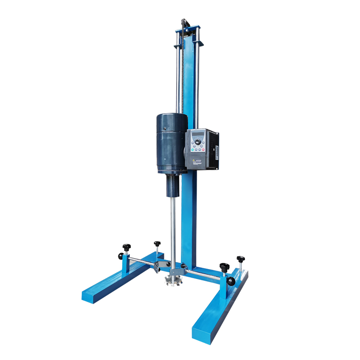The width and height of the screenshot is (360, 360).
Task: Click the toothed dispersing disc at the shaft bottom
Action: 176,279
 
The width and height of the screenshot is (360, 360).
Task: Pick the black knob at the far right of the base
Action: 241,260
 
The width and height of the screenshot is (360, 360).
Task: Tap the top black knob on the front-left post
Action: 126,246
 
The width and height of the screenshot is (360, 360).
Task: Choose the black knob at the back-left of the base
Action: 157,243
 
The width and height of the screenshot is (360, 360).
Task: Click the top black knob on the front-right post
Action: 224,267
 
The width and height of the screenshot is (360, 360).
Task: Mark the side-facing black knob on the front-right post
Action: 231,282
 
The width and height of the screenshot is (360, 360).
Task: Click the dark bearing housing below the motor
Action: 173,185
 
